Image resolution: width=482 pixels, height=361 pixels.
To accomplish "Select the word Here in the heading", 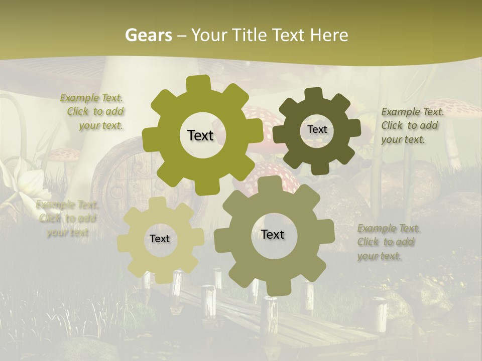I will click(x=329, y=35).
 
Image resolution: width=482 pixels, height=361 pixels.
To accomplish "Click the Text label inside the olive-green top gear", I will click(x=200, y=135).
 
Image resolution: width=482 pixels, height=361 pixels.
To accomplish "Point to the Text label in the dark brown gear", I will click(x=317, y=129).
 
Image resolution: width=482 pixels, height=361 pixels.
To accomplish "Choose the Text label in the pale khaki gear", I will click(x=160, y=239).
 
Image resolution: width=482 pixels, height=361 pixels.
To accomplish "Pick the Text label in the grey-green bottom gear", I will click(x=273, y=234).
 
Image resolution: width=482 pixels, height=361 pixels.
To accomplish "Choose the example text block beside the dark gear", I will click(x=412, y=125).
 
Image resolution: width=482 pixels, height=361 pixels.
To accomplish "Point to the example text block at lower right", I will click(x=388, y=242).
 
